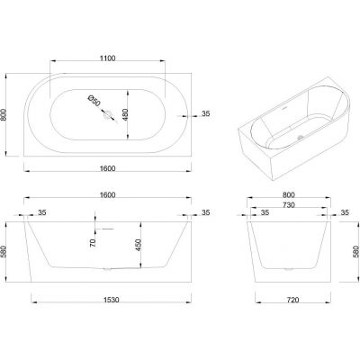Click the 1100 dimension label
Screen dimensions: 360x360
pyautogui.click(x=107, y=58)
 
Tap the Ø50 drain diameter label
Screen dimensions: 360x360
pyautogui.click(x=94, y=101)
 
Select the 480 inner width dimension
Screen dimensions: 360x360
pyautogui.click(x=125, y=114)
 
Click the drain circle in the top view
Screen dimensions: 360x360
pyautogui.click(x=107, y=114)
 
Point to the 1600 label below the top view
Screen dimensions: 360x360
pyautogui.click(x=107, y=168)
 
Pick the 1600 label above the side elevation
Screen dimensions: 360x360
pyautogui.click(x=107, y=194)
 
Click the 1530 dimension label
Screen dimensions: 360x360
pyautogui.click(x=111, y=300)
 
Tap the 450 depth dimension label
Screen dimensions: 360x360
pyautogui.click(x=139, y=245)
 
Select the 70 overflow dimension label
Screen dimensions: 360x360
pyautogui.click(x=93, y=243)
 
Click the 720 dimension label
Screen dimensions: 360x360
pyautogui.click(x=292, y=300)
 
